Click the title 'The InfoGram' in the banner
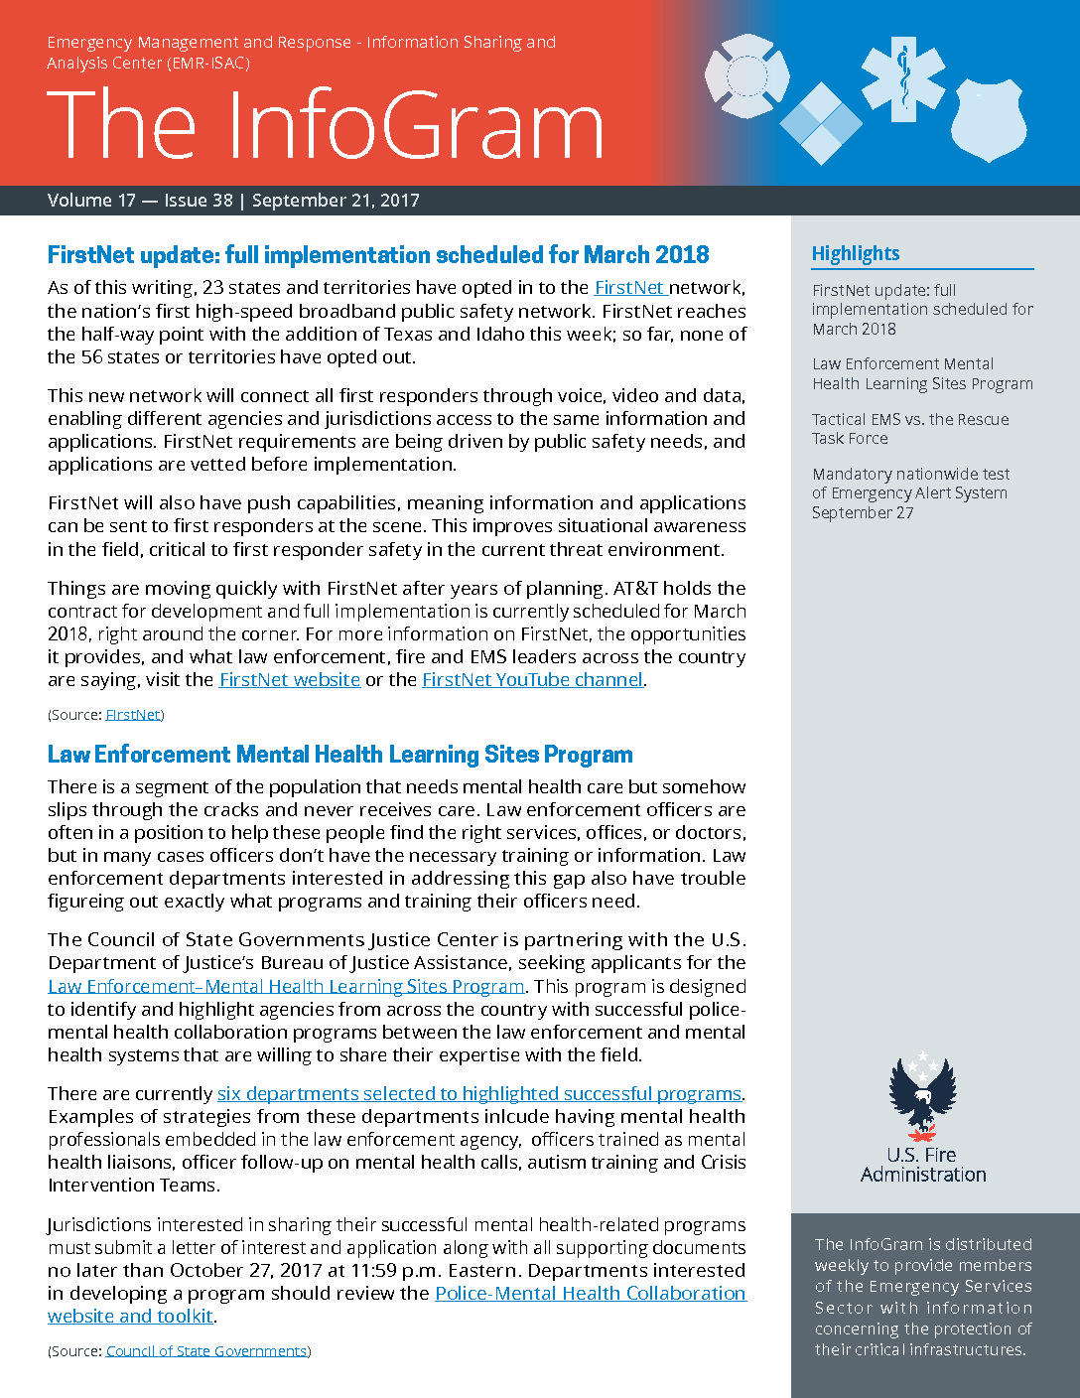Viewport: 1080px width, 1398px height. [325, 126]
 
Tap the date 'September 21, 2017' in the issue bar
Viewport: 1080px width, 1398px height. [336, 201]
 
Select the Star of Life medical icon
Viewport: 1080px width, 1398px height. [903, 78]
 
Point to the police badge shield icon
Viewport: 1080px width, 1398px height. [989, 120]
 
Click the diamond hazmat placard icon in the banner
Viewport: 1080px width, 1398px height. [821, 123]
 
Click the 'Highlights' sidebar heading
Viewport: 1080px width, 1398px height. [856, 254]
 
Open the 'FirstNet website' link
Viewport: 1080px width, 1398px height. [290, 680]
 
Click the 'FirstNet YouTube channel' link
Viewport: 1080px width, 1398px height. [532, 680]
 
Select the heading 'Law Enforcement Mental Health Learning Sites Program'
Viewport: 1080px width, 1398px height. [339, 755]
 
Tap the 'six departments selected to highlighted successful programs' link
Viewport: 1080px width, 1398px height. [479, 1094]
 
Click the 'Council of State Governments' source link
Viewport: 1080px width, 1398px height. [206, 1351]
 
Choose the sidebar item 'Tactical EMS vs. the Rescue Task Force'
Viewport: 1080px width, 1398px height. [910, 429]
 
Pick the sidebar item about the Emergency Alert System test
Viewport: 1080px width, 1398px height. [910, 493]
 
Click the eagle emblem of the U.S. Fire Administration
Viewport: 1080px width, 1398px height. [922, 1096]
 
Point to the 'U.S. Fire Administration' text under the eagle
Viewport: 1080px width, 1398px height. [923, 1165]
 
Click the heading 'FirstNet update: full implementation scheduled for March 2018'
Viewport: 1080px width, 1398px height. [378, 255]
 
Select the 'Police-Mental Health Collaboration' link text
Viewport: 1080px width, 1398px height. [590, 1294]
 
